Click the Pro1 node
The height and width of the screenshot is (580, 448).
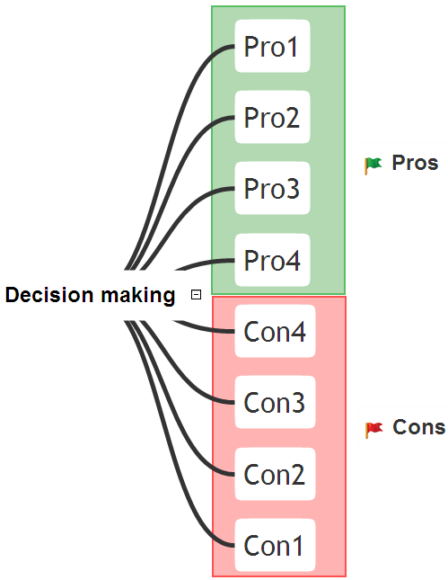tap(272, 46)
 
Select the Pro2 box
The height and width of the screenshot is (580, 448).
tap(272, 117)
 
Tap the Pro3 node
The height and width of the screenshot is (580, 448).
tap(272, 188)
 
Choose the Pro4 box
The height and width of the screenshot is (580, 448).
tap(272, 260)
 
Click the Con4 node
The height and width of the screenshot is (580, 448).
tap(275, 331)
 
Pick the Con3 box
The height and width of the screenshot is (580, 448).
tap(275, 402)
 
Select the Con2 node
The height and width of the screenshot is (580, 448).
tap(275, 474)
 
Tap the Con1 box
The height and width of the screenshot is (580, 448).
tap(275, 545)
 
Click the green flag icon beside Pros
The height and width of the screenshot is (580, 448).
tap(373, 165)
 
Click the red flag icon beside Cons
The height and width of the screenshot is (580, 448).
tap(373, 430)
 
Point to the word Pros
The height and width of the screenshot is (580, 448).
tap(415, 163)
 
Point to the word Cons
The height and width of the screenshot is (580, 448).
tap(419, 427)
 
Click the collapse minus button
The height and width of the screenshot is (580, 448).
tap(196, 295)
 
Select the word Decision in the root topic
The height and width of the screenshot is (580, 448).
tap(49, 295)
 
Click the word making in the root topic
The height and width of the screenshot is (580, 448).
tap(137, 296)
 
